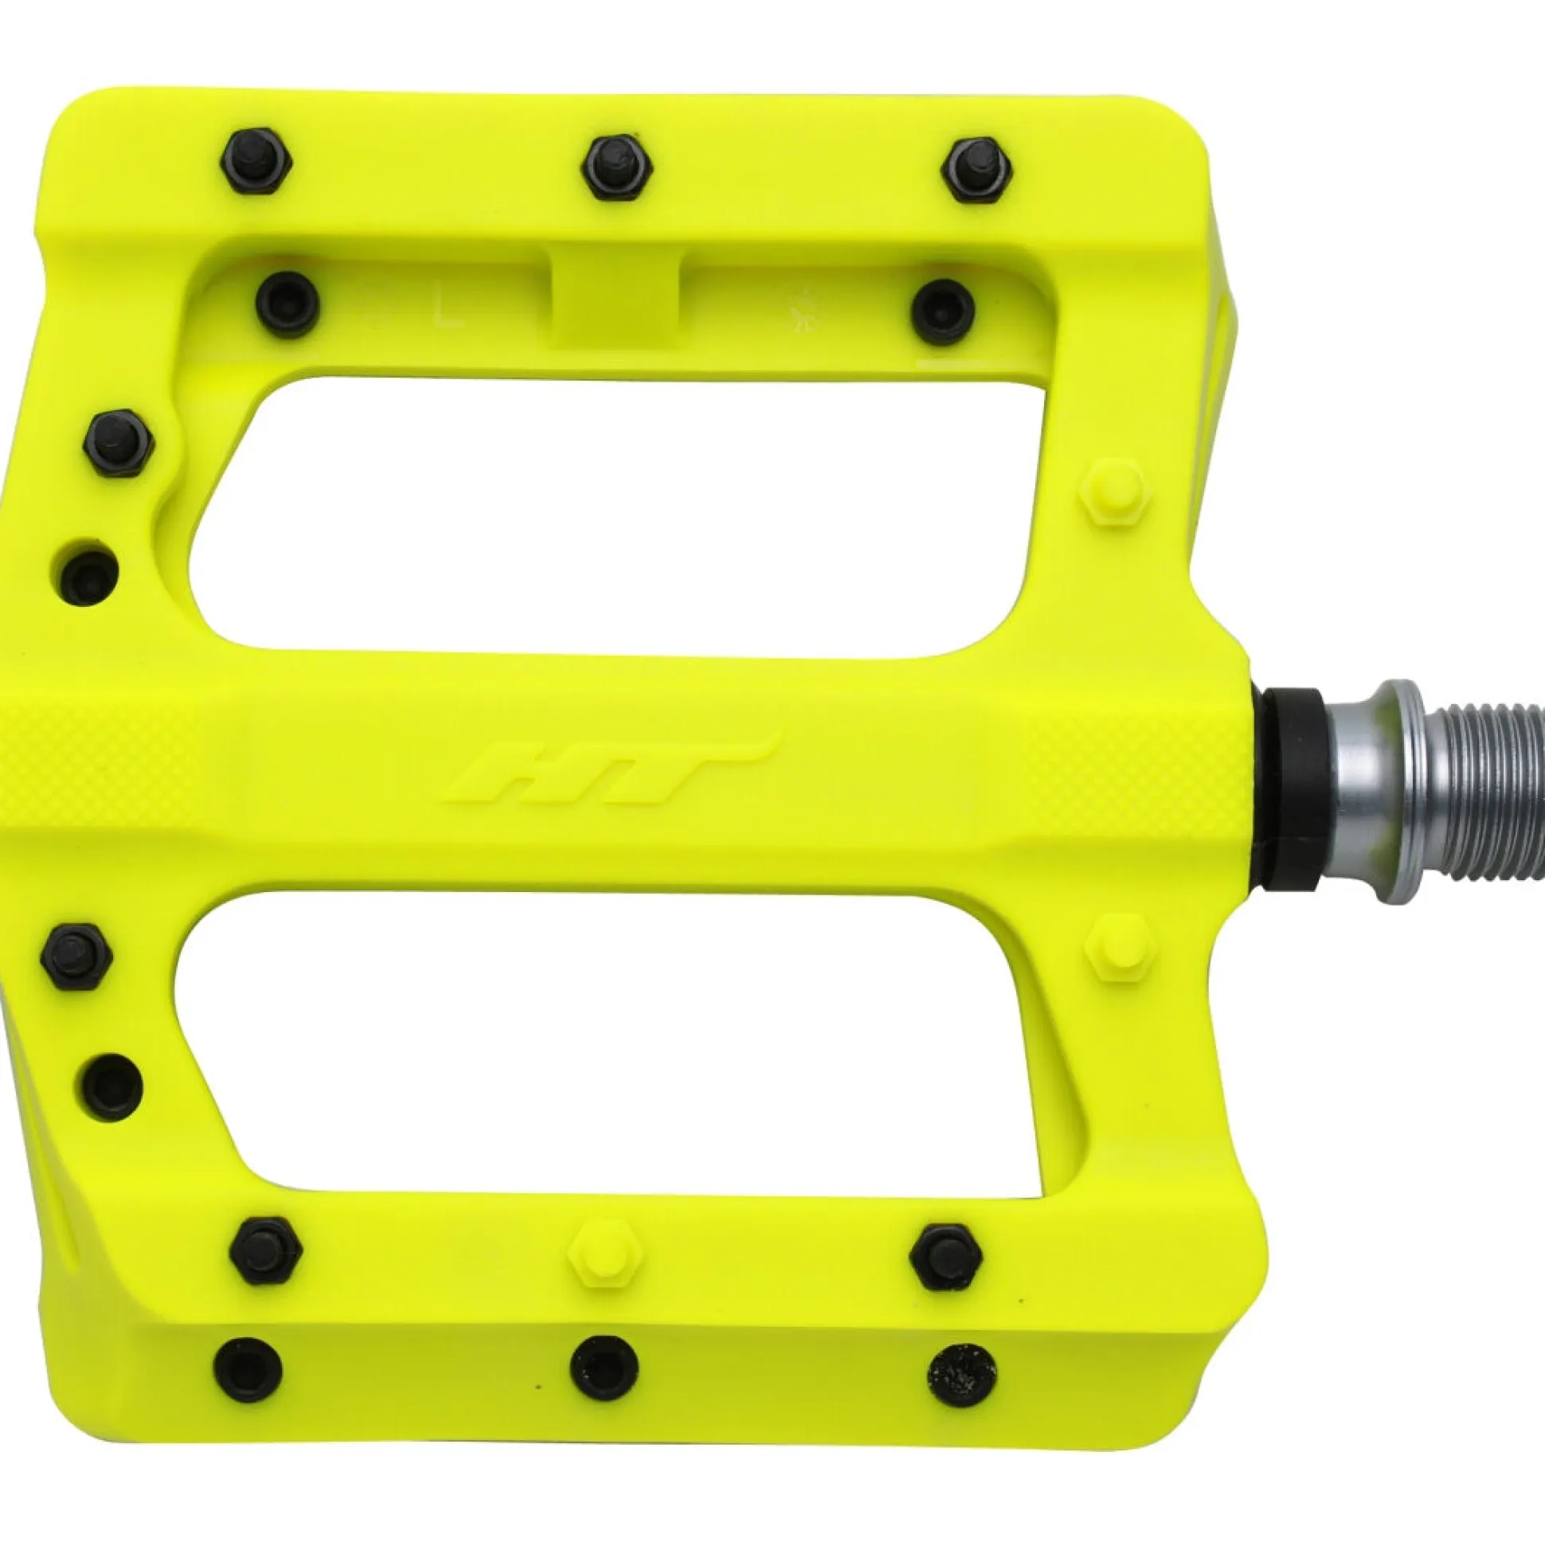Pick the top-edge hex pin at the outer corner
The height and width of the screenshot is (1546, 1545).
(x=255, y=162)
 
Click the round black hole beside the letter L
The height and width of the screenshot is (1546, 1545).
(x=287, y=304)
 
